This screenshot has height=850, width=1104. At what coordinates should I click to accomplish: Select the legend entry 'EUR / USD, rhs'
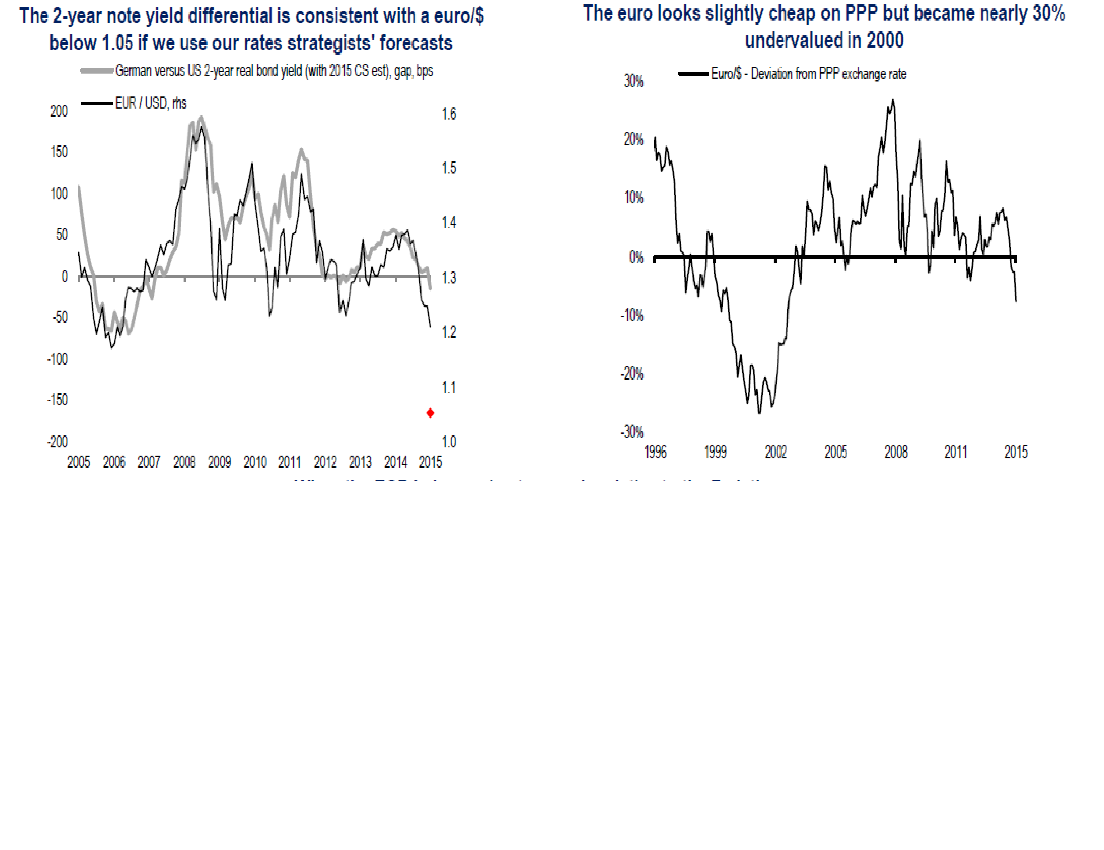tap(150, 103)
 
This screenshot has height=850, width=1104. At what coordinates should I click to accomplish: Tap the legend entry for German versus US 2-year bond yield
tap(273, 71)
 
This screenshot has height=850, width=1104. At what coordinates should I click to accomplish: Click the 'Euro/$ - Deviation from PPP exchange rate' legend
tap(808, 74)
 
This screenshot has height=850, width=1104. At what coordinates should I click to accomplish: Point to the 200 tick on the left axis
tap(59, 111)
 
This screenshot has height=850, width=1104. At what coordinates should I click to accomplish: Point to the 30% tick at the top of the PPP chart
tap(633, 81)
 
